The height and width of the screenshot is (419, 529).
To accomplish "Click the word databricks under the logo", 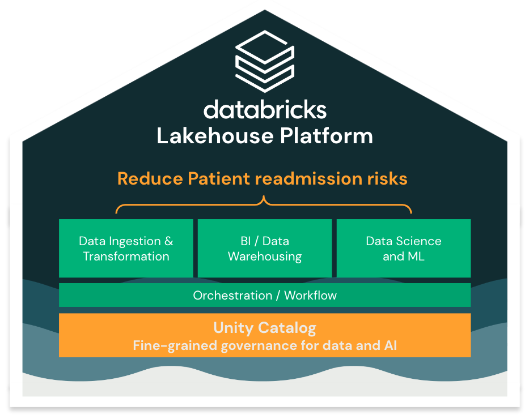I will (x=265, y=109).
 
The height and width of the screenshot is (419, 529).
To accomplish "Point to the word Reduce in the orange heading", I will (x=149, y=179).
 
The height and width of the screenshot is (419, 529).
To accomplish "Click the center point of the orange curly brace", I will (x=264, y=201).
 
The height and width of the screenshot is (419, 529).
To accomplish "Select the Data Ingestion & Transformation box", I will (x=126, y=249).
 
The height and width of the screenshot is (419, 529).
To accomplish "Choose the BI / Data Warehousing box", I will (x=264, y=249).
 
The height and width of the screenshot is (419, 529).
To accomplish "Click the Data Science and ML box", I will (x=403, y=249).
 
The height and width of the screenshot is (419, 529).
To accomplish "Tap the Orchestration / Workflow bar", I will (x=264, y=295).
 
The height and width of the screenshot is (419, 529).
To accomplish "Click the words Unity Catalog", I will (x=264, y=327).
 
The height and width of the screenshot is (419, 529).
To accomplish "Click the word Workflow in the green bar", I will (x=310, y=295).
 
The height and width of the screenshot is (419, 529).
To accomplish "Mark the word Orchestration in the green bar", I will (x=232, y=295).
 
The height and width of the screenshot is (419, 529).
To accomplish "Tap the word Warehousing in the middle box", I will (x=264, y=256).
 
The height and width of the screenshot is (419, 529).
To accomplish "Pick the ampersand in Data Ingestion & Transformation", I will (x=168, y=241).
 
